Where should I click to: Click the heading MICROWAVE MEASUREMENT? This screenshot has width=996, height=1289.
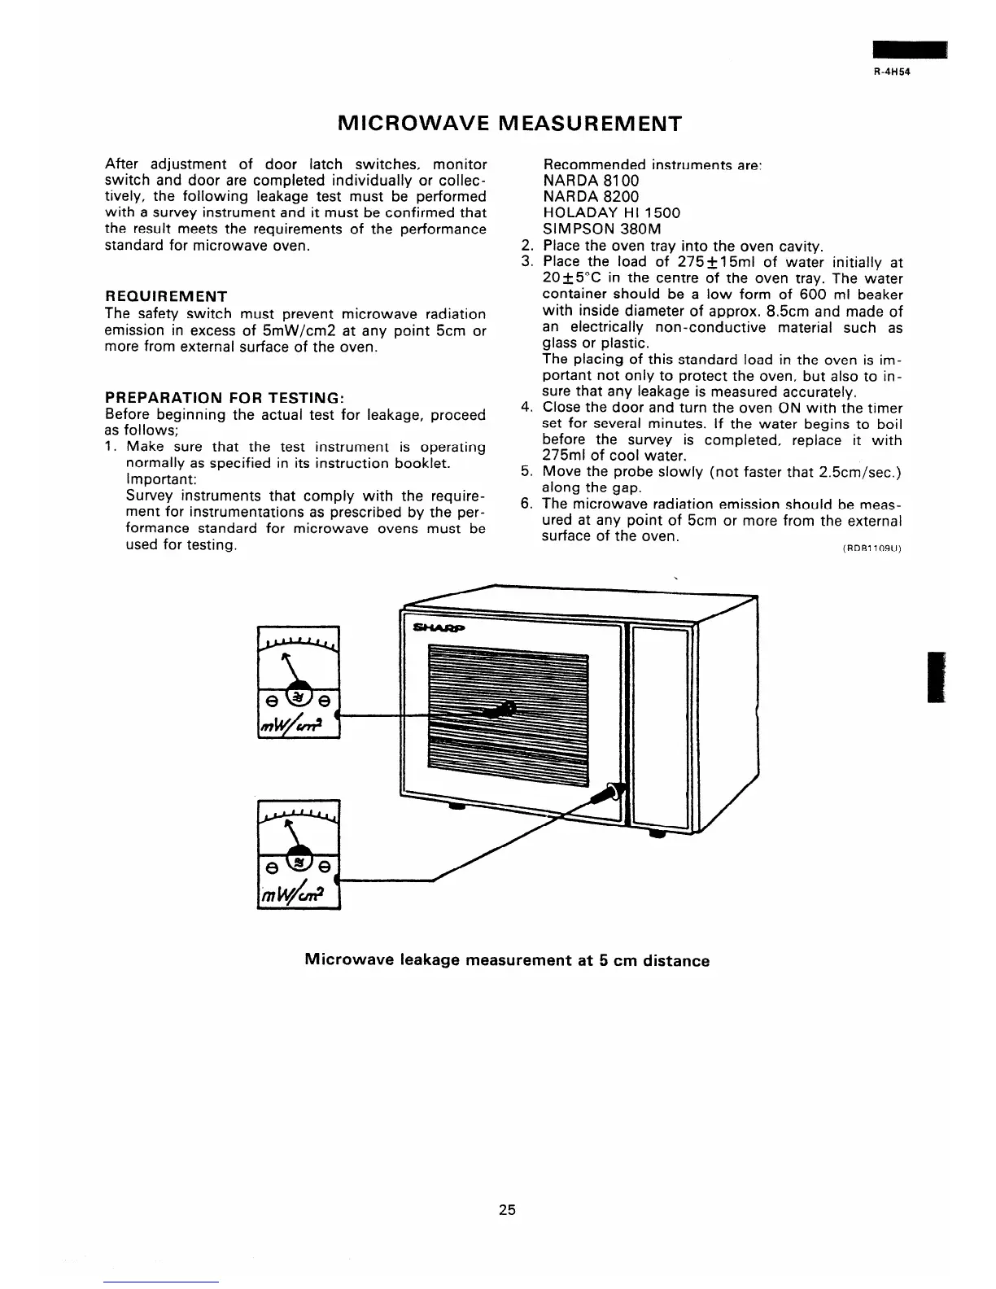509,124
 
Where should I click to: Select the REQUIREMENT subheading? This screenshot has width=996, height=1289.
166,296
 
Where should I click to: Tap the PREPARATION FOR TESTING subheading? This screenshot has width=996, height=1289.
226,398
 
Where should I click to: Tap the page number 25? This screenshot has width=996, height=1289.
508,1209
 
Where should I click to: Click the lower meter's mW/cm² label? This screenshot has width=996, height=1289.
298,893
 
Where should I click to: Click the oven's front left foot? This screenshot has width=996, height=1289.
456,807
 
